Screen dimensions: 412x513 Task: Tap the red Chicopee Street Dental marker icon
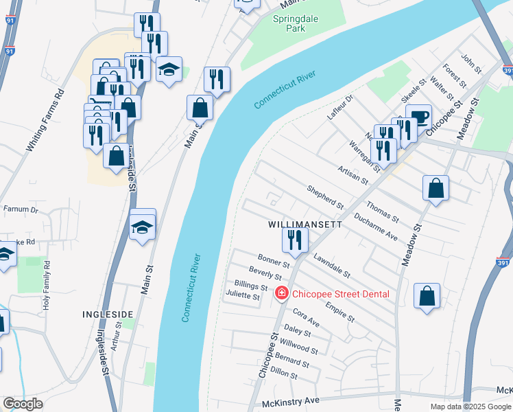281,294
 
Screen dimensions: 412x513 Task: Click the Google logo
23,404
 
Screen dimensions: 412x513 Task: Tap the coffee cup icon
418,115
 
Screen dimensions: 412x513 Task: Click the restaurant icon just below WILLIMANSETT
296,239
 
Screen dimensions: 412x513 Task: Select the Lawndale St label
332,266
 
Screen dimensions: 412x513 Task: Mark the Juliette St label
243,297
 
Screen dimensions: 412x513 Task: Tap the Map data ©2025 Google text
470,407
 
